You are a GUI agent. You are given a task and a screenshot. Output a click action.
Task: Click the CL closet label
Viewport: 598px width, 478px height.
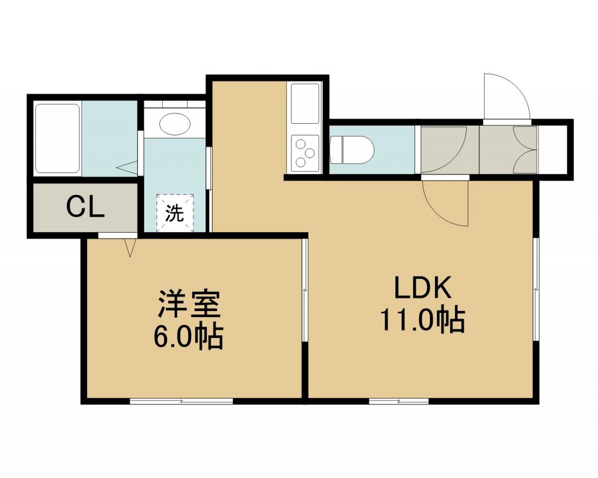(x=85, y=207)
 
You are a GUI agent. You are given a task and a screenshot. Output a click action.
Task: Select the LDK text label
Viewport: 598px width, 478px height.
(x=423, y=288)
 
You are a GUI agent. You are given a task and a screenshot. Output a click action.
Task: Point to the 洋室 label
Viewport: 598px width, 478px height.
(x=189, y=304)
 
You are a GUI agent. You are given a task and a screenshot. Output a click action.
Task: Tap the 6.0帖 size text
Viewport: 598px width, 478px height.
(x=188, y=336)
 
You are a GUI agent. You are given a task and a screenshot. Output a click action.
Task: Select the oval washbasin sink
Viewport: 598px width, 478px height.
(x=175, y=124)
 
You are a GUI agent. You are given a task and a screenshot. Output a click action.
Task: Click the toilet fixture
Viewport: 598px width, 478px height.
(x=352, y=150)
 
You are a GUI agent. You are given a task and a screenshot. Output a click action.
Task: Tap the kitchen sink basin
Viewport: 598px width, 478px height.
(x=305, y=103)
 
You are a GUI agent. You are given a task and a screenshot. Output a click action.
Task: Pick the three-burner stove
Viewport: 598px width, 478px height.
(x=305, y=153)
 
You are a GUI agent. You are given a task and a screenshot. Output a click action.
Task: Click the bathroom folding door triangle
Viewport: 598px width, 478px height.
(x=127, y=167)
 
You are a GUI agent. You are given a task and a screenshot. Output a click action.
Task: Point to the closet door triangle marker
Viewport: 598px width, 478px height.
(x=130, y=247)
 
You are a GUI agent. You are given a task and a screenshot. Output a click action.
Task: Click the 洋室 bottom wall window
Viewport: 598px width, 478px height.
(x=182, y=400)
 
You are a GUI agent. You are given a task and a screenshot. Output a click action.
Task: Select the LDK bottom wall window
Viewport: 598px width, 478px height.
(x=399, y=400)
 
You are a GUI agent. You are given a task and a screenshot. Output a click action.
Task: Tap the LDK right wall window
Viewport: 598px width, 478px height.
(x=536, y=289)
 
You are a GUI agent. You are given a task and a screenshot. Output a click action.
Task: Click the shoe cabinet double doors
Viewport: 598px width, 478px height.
(x=525, y=149)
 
